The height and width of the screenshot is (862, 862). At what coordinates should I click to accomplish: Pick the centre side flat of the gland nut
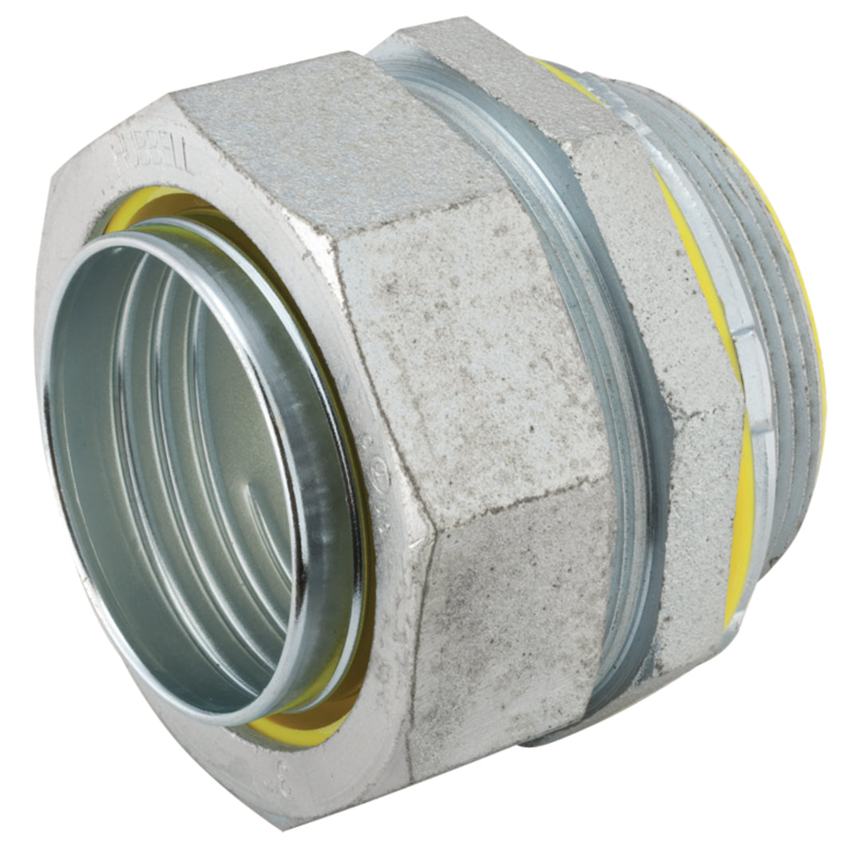pyautogui.click(x=471, y=359)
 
